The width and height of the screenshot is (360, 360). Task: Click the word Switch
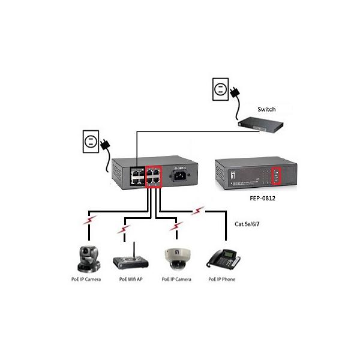pos(266,109)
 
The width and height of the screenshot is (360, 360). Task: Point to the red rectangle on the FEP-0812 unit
pos(276,175)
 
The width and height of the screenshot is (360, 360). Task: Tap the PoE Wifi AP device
pos(130,260)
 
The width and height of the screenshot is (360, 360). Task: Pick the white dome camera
pos(176,258)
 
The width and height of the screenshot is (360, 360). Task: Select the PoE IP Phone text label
pos(223,280)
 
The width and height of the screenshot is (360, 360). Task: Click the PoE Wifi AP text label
pos(131,280)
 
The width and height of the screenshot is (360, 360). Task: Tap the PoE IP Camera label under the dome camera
pos(176,280)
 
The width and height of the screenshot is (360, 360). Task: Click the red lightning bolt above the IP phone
pos(199,211)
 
